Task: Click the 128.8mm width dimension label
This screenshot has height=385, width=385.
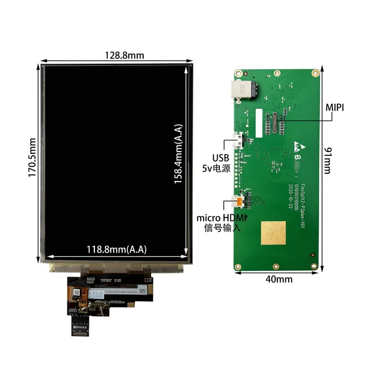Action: click(124, 55)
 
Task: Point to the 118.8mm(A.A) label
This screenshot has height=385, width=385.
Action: click(116, 249)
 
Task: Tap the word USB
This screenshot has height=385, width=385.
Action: click(222, 158)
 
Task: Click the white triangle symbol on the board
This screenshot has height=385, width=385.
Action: click(296, 145)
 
